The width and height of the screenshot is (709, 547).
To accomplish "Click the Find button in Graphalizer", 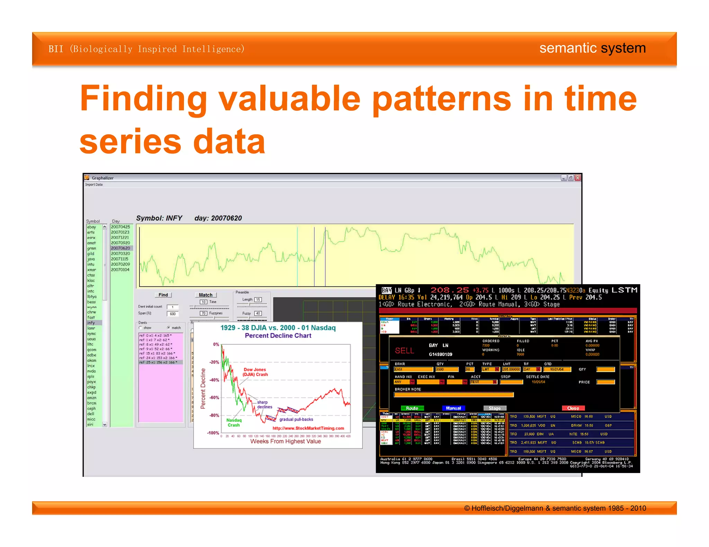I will [163, 295].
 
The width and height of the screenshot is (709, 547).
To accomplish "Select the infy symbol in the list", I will [91, 323].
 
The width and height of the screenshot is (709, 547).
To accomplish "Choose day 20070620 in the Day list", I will [120, 248].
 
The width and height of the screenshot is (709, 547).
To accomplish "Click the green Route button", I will [412, 408].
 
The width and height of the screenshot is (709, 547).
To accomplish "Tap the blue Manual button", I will [453, 408].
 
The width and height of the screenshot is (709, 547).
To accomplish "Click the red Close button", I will [573, 408].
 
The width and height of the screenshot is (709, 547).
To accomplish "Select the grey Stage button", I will [494, 408].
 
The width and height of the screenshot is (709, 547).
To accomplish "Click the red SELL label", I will [404, 351].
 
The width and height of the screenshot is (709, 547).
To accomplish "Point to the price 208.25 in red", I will [449, 290].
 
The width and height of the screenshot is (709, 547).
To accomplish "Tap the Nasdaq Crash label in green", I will [234, 423].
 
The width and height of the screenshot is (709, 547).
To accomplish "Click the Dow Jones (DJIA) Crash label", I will [255, 372].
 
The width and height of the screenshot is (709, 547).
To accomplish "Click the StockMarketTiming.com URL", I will [308, 428].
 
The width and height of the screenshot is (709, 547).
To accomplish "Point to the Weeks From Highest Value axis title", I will [286, 441].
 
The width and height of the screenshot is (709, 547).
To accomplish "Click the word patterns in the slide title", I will [441, 99].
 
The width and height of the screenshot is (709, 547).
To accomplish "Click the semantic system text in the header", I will [592, 48].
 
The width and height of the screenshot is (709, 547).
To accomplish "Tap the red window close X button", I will [577, 178].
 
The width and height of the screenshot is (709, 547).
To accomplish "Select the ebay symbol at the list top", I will [91, 227].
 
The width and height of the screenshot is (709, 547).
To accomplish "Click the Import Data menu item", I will [94, 185].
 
